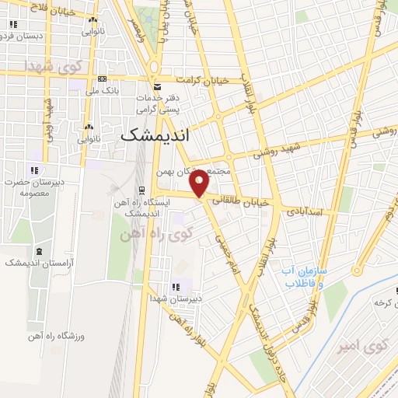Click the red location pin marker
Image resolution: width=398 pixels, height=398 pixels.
click(x=200, y=183)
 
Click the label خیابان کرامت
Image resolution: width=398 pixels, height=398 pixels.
click(x=204, y=80)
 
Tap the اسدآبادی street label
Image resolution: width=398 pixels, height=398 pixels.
click(x=310, y=211)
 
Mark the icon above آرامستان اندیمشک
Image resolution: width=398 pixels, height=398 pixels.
click(x=39, y=250)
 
